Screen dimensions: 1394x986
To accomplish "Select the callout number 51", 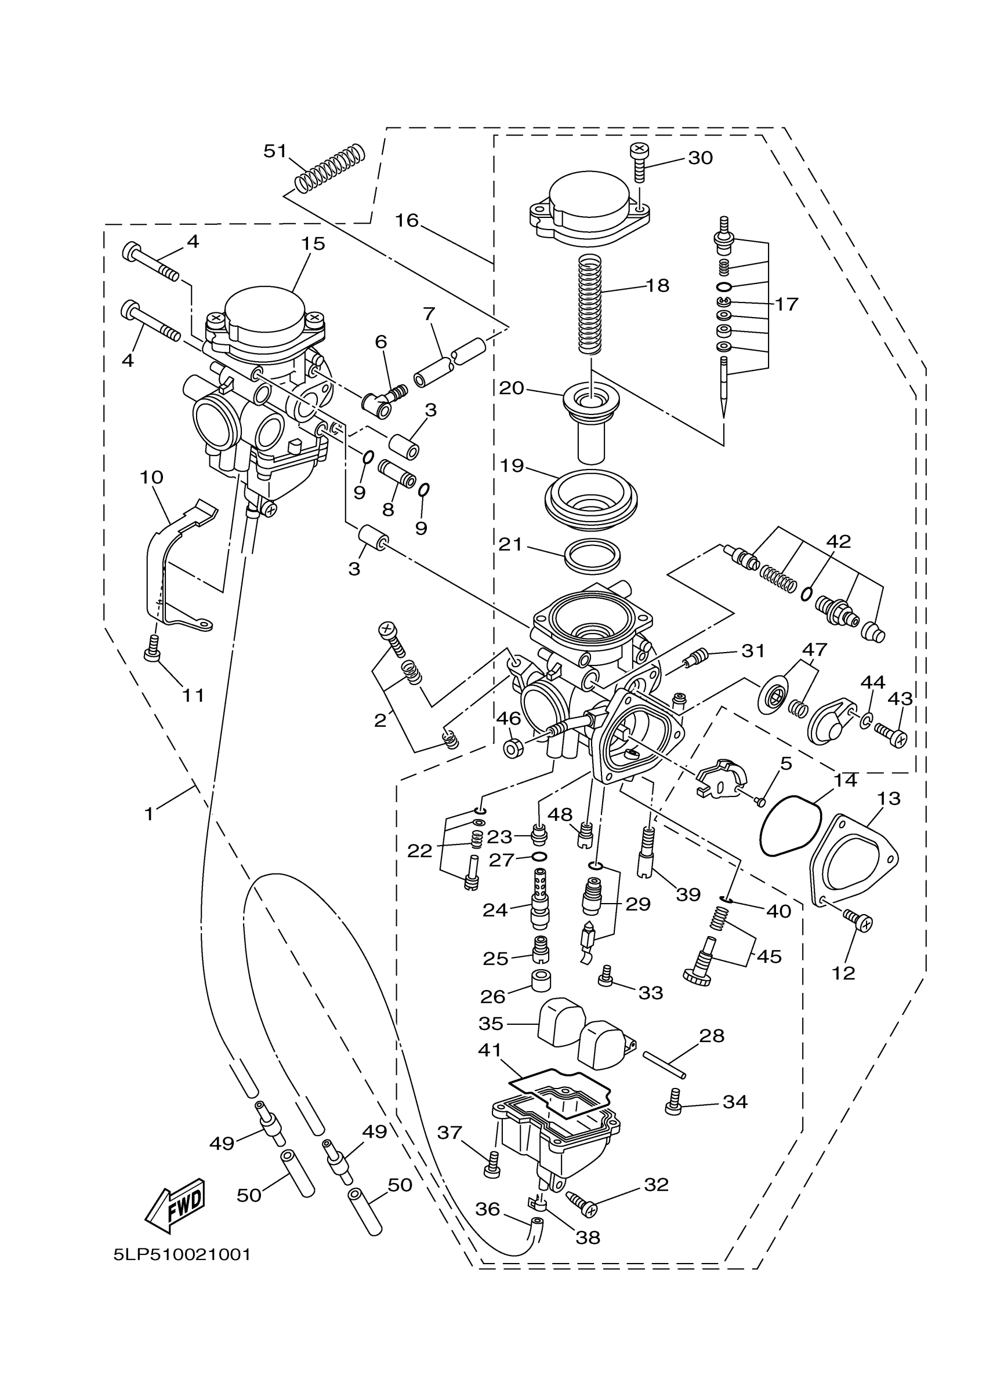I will (274, 151).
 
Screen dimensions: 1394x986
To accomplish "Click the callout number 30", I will (700, 158).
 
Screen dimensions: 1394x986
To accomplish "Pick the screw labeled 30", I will (638, 162).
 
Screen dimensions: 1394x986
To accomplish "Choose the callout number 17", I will (786, 304).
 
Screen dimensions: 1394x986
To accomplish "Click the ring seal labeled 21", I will (593, 555).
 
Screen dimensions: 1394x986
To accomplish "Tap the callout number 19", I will (512, 465).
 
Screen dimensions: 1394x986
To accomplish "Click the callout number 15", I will (313, 243).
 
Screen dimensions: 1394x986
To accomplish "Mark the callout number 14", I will (845, 781).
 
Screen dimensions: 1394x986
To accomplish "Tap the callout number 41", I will (490, 1050).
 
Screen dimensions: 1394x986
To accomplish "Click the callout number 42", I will (839, 541).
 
